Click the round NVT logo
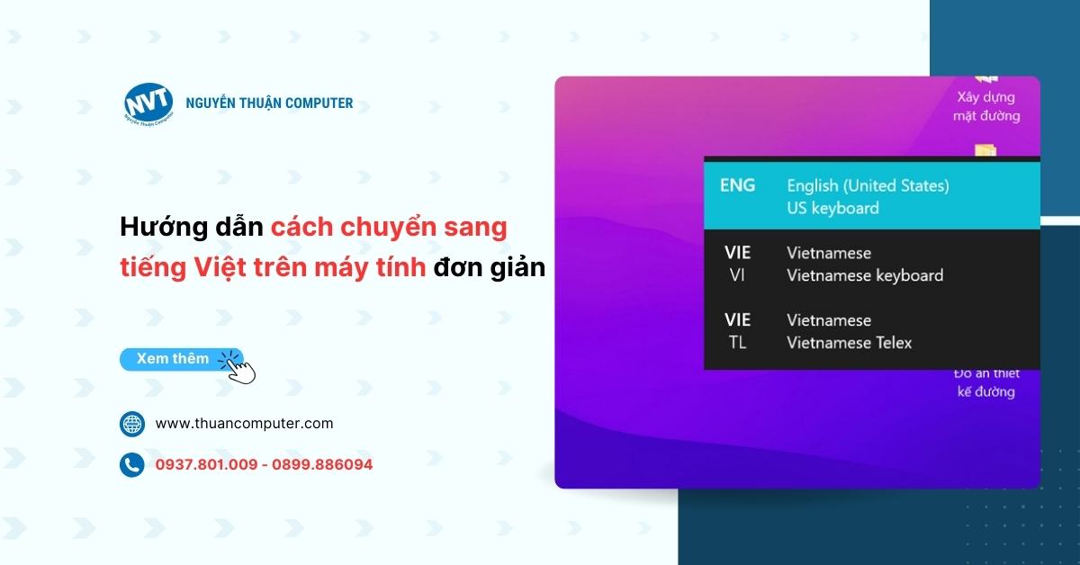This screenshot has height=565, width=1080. coord(148,103)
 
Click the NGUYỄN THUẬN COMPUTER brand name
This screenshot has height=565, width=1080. coord(269,103)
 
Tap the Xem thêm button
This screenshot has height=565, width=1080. coord(181,359)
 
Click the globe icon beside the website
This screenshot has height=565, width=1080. coord(132,424)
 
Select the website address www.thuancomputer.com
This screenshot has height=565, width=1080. coord(244,424)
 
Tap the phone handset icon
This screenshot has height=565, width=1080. coord(132,465)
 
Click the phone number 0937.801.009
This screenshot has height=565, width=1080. coord(206,465)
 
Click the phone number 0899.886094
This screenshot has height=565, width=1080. coord(322,465)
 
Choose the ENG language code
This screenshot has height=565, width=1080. coord(737,185)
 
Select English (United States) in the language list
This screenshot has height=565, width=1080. coord(868,186)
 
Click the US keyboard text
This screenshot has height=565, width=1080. coord(832,208)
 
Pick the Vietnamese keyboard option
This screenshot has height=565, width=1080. coord(865,275)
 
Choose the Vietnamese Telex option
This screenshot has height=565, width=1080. coord(849,343)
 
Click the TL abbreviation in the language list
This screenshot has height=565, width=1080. coord(737,343)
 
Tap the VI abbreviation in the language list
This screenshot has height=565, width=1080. coord(737,275)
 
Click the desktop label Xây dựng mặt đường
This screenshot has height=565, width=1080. coord(986,106)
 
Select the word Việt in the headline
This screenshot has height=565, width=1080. coord(220,267)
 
